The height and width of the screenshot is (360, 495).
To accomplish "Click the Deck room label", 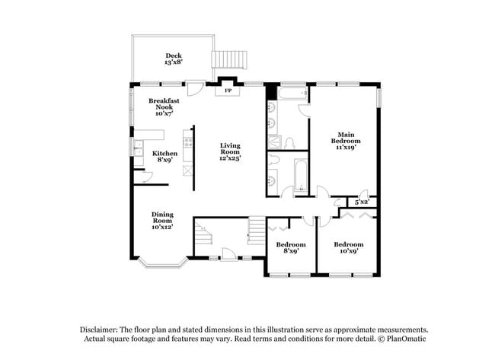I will [173, 59].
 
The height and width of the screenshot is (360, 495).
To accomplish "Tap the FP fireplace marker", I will [227, 91].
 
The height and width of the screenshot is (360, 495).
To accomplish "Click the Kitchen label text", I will [165, 157].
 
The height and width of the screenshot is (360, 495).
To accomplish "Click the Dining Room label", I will [161, 221].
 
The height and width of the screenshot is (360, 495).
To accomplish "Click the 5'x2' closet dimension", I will [362, 202].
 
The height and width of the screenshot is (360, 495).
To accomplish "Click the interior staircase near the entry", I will [257, 226].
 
